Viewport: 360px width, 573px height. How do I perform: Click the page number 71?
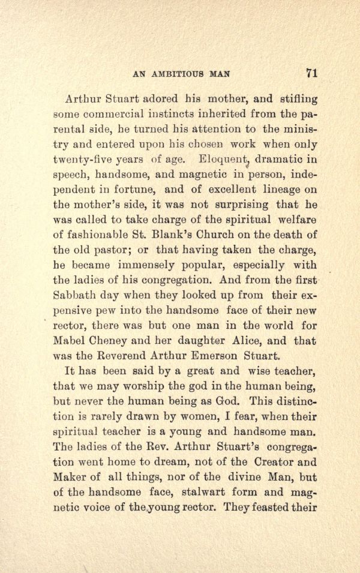click(311, 74)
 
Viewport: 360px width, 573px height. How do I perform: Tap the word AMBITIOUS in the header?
click(178, 75)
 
